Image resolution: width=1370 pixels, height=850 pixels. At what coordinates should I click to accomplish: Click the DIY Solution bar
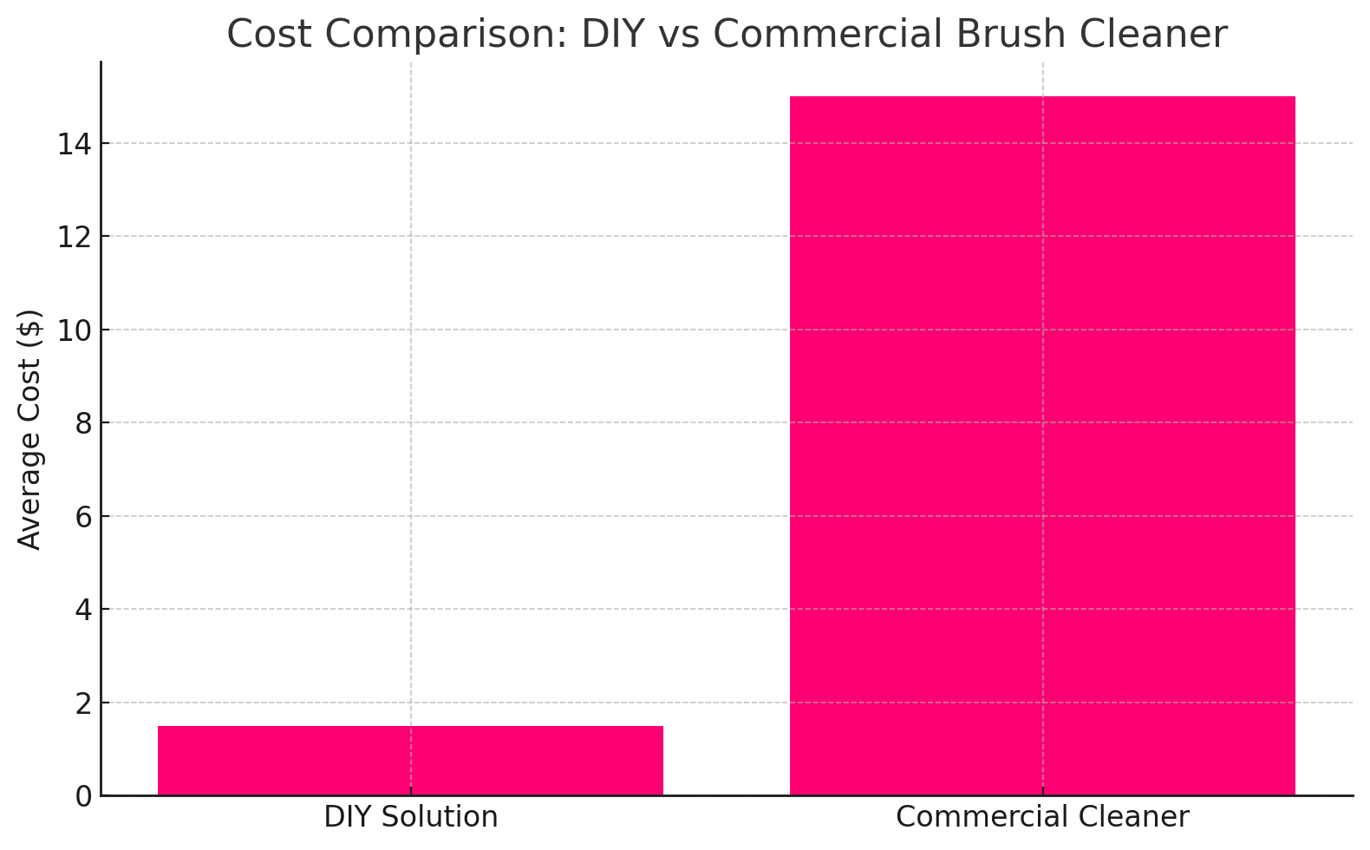coord(410,761)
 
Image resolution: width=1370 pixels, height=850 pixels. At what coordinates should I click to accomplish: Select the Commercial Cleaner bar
coord(1042,446)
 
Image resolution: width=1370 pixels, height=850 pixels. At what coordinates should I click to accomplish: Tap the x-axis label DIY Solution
coord(410,817)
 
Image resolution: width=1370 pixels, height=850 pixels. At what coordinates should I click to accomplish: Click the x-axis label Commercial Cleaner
coord(1042,817)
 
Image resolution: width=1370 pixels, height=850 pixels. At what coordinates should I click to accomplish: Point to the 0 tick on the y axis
coord(84,796)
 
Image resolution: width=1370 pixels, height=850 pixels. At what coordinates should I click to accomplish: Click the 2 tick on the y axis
coord(84,703)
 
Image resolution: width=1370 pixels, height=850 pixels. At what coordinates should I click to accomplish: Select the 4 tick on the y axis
coord(84,610)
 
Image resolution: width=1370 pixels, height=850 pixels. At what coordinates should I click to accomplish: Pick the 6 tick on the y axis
coord(84,517)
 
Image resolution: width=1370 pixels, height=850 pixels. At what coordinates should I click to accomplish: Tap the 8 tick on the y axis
coord(84,423)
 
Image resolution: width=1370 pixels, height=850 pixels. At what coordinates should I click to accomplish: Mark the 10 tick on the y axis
coord(75,330)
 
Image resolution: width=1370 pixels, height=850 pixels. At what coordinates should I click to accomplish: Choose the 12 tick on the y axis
coord(75,237)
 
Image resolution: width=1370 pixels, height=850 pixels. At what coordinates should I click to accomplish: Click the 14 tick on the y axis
coord(75,144)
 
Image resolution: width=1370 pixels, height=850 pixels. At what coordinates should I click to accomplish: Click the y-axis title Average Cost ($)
coord(30,429)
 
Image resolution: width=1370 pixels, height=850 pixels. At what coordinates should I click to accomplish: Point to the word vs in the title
coord(682,35)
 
